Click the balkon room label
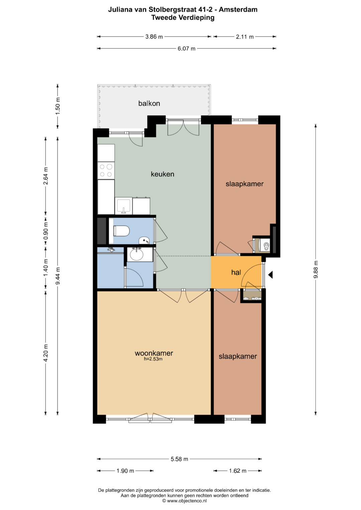149,103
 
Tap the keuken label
162,174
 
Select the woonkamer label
154,353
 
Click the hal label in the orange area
236,272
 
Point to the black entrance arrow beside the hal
270,275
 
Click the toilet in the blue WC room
121,231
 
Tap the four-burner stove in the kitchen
106,171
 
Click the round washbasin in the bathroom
136,254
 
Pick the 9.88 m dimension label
316,269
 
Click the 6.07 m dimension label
187,48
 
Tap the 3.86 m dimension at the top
154,37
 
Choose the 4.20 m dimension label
46,353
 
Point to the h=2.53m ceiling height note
153,359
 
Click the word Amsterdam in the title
238,10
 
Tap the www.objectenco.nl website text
187,501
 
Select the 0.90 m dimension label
46,231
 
